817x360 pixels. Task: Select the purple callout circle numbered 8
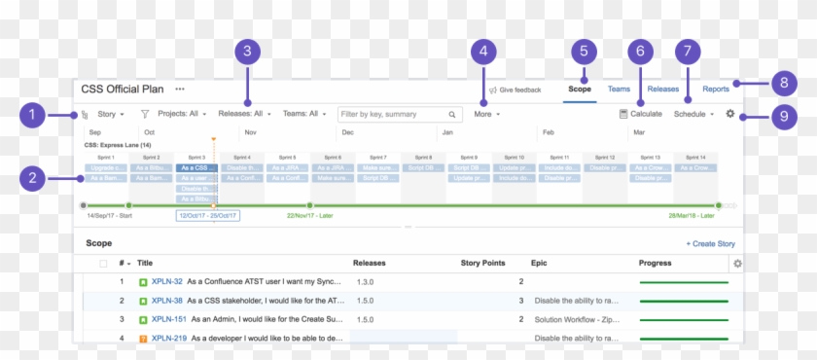click(783, 83)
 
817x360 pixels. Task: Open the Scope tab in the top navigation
click(580, 89)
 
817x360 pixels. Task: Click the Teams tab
click(619, 89)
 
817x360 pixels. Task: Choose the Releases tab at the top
click(663, 89)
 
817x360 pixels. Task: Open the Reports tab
click(716, 89)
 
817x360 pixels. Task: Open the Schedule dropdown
click(693, 114)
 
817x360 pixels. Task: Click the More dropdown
click(487, 114)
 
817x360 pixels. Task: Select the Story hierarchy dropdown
click(110, 114)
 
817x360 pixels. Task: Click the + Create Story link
click(710, 243)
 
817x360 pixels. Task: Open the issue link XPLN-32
click(167, 282)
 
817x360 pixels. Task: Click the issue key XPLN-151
click(169, 319)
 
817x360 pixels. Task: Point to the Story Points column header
click(482, 263)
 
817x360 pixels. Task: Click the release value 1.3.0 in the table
click(366, 282)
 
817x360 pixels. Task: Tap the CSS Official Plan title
click(123, 89)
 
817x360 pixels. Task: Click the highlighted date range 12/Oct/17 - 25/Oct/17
click(208, 215)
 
